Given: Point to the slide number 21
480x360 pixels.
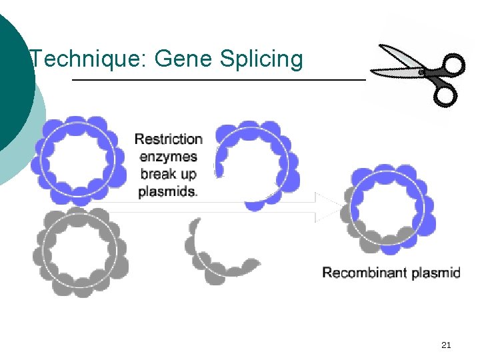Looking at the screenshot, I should [446, 345].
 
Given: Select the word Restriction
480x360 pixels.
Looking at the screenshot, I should [169, 139].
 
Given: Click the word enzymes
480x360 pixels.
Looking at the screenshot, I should [169, 157].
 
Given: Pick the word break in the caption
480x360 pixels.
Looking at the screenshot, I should [157, 174].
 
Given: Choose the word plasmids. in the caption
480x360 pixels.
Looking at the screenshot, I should [168, 191].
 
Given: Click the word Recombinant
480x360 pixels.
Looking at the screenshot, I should [363, 272].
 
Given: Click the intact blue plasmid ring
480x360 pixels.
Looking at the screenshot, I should [78, 161].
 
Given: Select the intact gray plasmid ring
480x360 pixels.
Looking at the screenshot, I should [81, 251].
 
